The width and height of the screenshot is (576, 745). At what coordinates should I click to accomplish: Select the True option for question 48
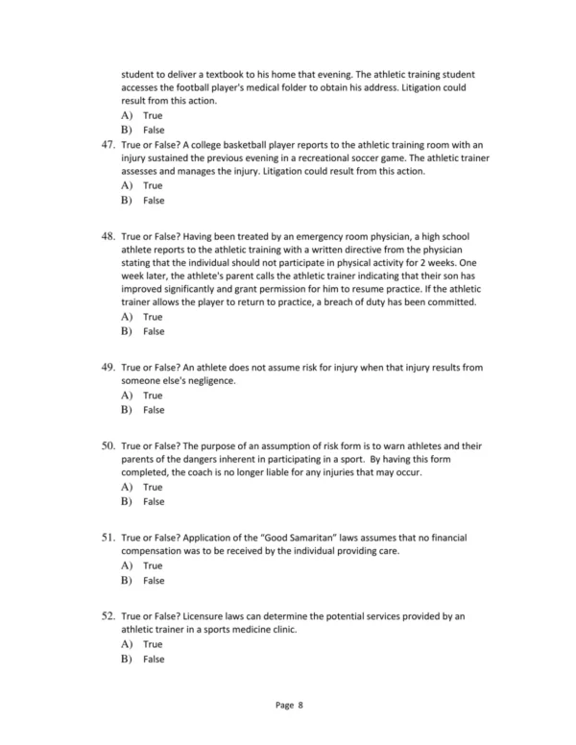[x=153, y=317]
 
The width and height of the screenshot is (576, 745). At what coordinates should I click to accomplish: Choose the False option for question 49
[x=154, y=411]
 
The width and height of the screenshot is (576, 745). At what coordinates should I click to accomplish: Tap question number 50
[x=107, y=446]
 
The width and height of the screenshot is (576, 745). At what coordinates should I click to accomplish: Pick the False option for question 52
[x=154, y=660]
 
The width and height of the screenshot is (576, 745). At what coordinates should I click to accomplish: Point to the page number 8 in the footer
[x=300, y=705]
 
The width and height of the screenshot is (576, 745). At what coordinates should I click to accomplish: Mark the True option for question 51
[x=153, y=566]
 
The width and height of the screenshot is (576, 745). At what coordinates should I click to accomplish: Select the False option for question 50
[x=154, y=501]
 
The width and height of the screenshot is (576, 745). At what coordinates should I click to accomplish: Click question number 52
[x=107, y=615]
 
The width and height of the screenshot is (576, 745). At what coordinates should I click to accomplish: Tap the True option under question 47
[x=153, y=185]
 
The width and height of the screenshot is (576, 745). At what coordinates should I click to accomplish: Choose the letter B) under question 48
[x=126, y=331]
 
